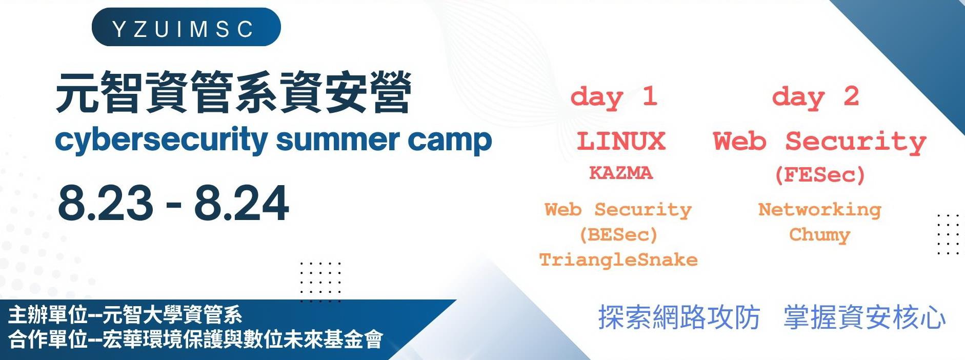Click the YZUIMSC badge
coord(186,27)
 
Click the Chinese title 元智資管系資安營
coord(234,93)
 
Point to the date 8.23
coord(106,203)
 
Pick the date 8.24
coord(242,203)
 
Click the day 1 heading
coord(614,97)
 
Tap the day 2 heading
coord(815,97)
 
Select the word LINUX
coord(621,141)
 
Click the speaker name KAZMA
coord(621,173)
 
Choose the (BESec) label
coord(618,235)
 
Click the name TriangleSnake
coord(618,259)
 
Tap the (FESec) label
coord(820,175)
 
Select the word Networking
coord(820,209)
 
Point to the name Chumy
coord(820,234)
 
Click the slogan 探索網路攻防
coord(679,317)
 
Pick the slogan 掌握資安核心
coord(865,317)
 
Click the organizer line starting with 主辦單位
coord(125,315)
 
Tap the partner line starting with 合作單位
coord(195,339)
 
